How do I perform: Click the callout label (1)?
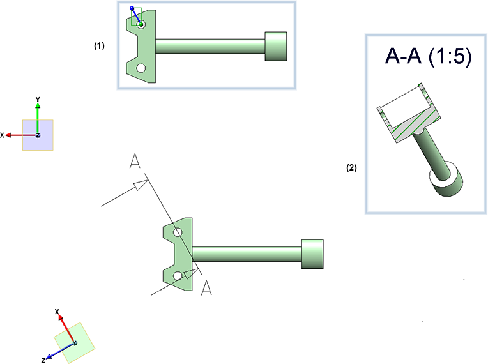point(99,46)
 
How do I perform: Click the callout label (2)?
point(351,168)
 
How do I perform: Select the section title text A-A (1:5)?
point(428,57)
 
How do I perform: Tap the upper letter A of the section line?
point(134,162)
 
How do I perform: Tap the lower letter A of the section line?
point(206,288)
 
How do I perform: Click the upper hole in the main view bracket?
point(178,232)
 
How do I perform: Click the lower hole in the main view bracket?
point(178,276)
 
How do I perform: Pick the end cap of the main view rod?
point(312,254)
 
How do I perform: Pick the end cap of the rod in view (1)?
point(275,46)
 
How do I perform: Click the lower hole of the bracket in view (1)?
point(141,67)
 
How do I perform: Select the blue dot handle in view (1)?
point(132,9)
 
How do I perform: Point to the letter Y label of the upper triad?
point(38,99)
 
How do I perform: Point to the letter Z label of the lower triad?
point(43,360)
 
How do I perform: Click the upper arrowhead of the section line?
point(139,186)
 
